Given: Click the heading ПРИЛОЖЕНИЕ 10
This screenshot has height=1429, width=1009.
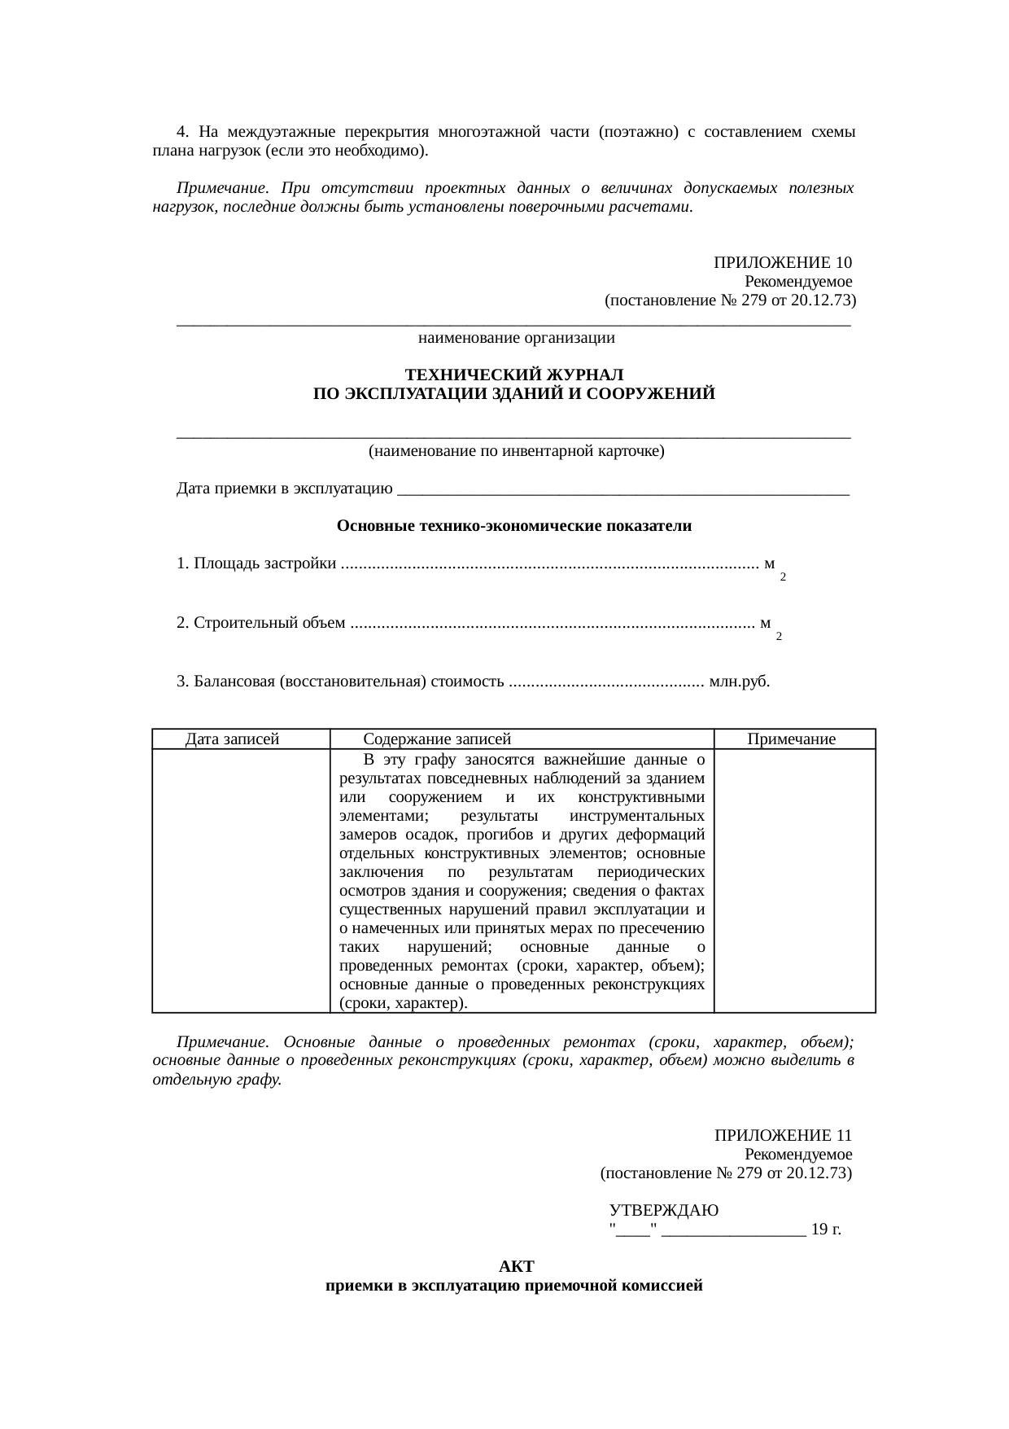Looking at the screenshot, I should (782, 263).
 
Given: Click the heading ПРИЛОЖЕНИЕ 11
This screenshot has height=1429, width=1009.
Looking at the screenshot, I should (783, 1135).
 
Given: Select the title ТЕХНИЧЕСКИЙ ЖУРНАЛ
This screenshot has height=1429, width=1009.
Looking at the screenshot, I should (513, 375).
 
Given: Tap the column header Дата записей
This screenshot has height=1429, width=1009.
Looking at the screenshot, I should (233, 739).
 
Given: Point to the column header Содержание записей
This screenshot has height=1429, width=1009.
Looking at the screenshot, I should (437, 739).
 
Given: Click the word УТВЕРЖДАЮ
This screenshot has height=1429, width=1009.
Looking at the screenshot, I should (664, 1210).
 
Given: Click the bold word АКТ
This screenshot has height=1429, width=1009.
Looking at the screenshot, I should (516, 1267).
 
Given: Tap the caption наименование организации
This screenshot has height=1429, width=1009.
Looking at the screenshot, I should (516, 337).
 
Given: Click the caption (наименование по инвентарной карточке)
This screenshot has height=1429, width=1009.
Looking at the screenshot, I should (516, 451).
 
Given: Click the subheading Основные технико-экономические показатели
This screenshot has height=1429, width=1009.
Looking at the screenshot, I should (513, 526).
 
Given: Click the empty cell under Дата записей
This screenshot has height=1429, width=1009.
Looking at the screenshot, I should (241, 879).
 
